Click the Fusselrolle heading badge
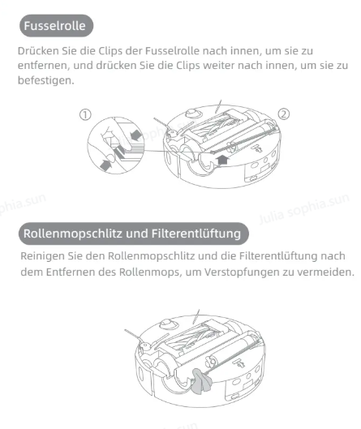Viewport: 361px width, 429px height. tap(56, 26)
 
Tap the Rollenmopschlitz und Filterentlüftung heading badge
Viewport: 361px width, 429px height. tap(134, 234)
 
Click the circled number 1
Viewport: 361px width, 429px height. tap(85, 114)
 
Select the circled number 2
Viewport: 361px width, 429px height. tap(284, 114)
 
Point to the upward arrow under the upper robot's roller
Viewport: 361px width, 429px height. tap(223, 160)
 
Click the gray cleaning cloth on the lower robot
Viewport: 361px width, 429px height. tap(202, 381)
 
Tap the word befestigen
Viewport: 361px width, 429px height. tap(45, 80)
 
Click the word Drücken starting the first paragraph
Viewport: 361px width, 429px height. tap(38, 51)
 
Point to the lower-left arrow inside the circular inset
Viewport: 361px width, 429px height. tap(105, 165)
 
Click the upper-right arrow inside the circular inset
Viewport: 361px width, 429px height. tap(136, 134)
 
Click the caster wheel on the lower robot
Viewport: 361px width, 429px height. tap(167, 323)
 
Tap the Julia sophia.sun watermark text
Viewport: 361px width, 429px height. tap(304, 208)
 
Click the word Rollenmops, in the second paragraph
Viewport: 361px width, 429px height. tap(151, 272)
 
